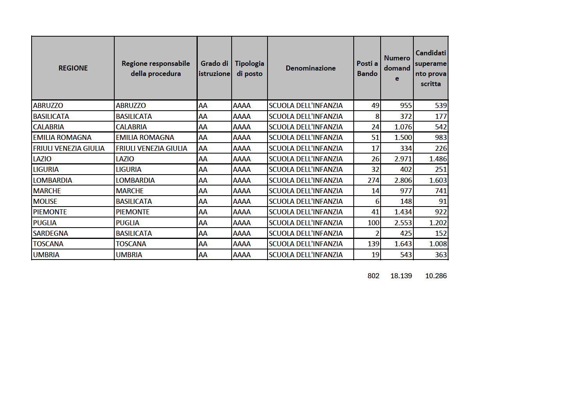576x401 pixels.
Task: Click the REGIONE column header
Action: point(73,68)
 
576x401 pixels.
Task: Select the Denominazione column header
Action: point(310,68)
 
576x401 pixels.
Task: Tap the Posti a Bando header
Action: point(367,69)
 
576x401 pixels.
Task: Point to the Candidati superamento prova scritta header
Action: point(431,68)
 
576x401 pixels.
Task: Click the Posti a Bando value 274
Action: point(373,180)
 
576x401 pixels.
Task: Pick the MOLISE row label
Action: point(45,201)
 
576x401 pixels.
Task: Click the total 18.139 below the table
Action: point(401,276)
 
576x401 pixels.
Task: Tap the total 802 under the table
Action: point(373,276)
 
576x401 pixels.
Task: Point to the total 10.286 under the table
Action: point(436,276)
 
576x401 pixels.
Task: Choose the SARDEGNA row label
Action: point(51,233)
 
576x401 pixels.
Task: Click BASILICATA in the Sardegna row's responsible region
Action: point(134,233)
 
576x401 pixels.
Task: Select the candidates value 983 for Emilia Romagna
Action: point(441,138)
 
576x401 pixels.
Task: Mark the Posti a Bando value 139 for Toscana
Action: point(373,244)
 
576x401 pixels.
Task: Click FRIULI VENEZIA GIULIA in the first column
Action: point(69,148)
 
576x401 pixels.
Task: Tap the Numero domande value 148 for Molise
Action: point(406,201)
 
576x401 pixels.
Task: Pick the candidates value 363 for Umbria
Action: point(441,255)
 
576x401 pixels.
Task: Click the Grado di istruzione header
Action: point(214,69)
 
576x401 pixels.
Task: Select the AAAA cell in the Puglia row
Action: point(242,223)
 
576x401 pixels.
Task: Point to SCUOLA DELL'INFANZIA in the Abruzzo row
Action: point(305,106)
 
